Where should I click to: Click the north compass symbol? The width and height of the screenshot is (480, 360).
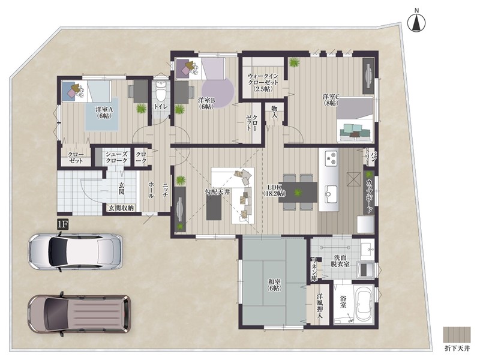416,22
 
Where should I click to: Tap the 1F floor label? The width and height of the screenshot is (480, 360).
62,224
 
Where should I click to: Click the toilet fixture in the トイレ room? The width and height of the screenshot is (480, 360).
161,92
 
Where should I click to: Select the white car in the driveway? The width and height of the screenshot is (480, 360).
75,251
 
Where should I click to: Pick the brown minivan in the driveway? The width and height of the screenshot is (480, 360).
79,314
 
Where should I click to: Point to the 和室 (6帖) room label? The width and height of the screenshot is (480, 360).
274,284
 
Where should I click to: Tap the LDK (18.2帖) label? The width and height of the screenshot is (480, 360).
274,190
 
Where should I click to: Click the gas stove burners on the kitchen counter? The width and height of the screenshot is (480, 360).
331,158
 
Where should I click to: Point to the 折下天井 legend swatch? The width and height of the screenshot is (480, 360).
457,335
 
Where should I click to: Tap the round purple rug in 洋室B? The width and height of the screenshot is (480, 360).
218,92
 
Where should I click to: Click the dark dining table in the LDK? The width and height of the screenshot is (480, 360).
298,192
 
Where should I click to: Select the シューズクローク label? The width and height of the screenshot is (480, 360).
116,157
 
